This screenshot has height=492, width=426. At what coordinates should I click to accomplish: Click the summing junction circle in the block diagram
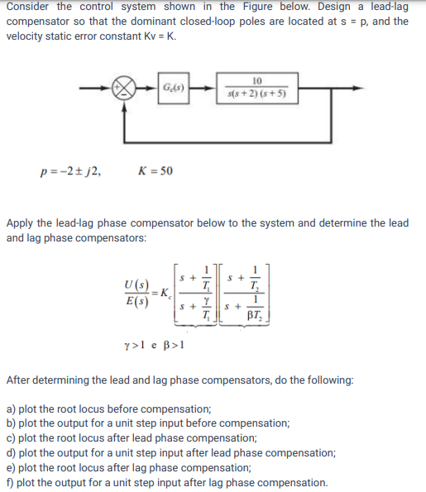click(x=127, y=88)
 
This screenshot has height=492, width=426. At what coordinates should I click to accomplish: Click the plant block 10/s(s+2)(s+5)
click(x=256, y=88)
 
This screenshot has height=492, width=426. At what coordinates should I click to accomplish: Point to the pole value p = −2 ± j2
click(x=71, y=172)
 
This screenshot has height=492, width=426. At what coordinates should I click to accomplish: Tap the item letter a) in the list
click(x=12, y=409)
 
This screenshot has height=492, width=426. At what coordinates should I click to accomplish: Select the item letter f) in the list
click(x=11, y=483)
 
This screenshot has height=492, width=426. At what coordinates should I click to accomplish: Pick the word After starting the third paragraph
click(x=22, y=380)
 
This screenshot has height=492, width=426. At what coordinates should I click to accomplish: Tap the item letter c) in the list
click(x=12, y=438)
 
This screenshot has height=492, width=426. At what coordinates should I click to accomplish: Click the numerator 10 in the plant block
click(x=256, y=80)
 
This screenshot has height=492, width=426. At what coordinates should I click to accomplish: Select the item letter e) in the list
click(x=12, y=468)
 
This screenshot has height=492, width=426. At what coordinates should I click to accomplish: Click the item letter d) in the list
click(x=12, y=453)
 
